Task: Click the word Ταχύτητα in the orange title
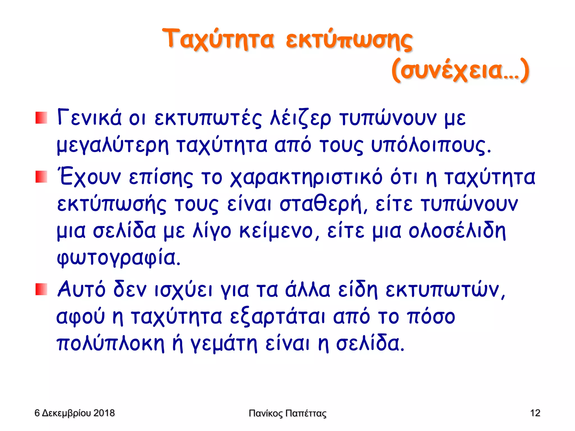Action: (x=218, y=39)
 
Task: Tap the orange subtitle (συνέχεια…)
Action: (x=460, y=70)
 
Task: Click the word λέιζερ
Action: (x=300, y=118)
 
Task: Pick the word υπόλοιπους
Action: (x=431, y=146)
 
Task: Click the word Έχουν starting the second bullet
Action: (x=90, y=177)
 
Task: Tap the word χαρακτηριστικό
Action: (x=306, y=177)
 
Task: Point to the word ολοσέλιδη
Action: (x=457, y=231)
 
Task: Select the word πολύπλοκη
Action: (x=110, y=344)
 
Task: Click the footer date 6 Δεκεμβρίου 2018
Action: (x=74, y=413)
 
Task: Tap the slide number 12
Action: (x=535, y=413)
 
